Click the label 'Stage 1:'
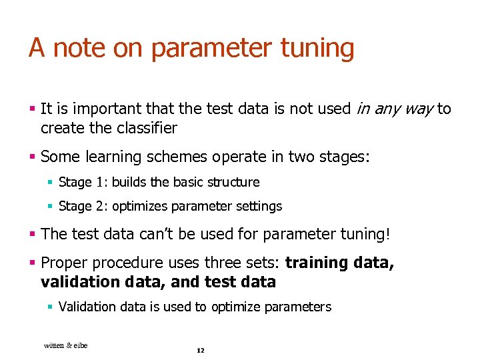coord(83,182)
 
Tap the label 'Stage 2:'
coord(83,207)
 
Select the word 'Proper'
coord(64,263)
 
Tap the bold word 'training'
coord(317,263)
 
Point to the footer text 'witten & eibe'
coord(65,345)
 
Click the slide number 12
coord(200,351)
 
